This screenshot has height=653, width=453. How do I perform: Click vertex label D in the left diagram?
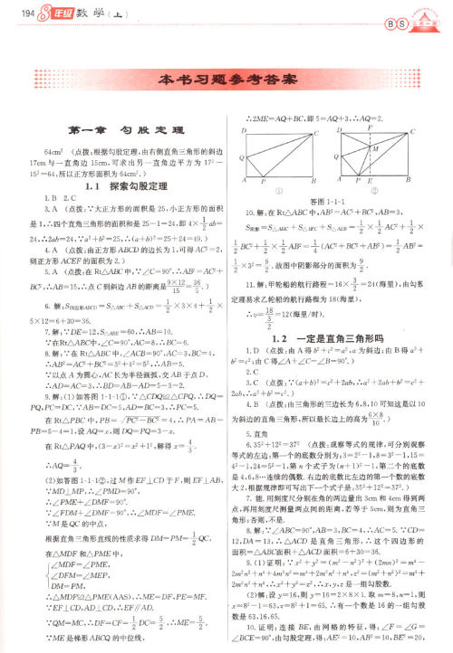(x=244, y=132)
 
